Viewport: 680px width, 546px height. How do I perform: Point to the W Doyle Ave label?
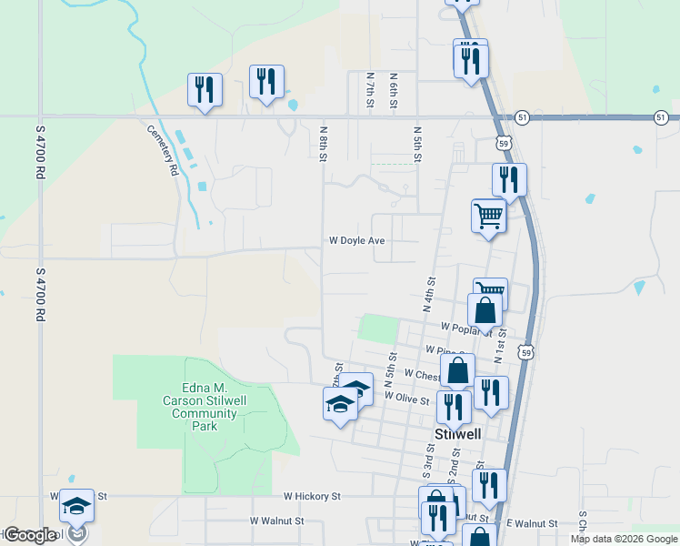point(357,241)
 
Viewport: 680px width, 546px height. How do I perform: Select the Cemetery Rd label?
point(162,149)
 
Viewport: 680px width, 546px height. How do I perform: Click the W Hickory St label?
point(311,497)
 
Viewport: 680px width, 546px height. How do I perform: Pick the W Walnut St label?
point(276,521)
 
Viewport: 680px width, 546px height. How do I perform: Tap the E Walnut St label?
point(531,523)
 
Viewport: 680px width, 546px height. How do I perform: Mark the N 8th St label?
point(323,145)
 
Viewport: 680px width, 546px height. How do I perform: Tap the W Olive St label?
point(406,397)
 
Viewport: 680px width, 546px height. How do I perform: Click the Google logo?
point(30,535)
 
